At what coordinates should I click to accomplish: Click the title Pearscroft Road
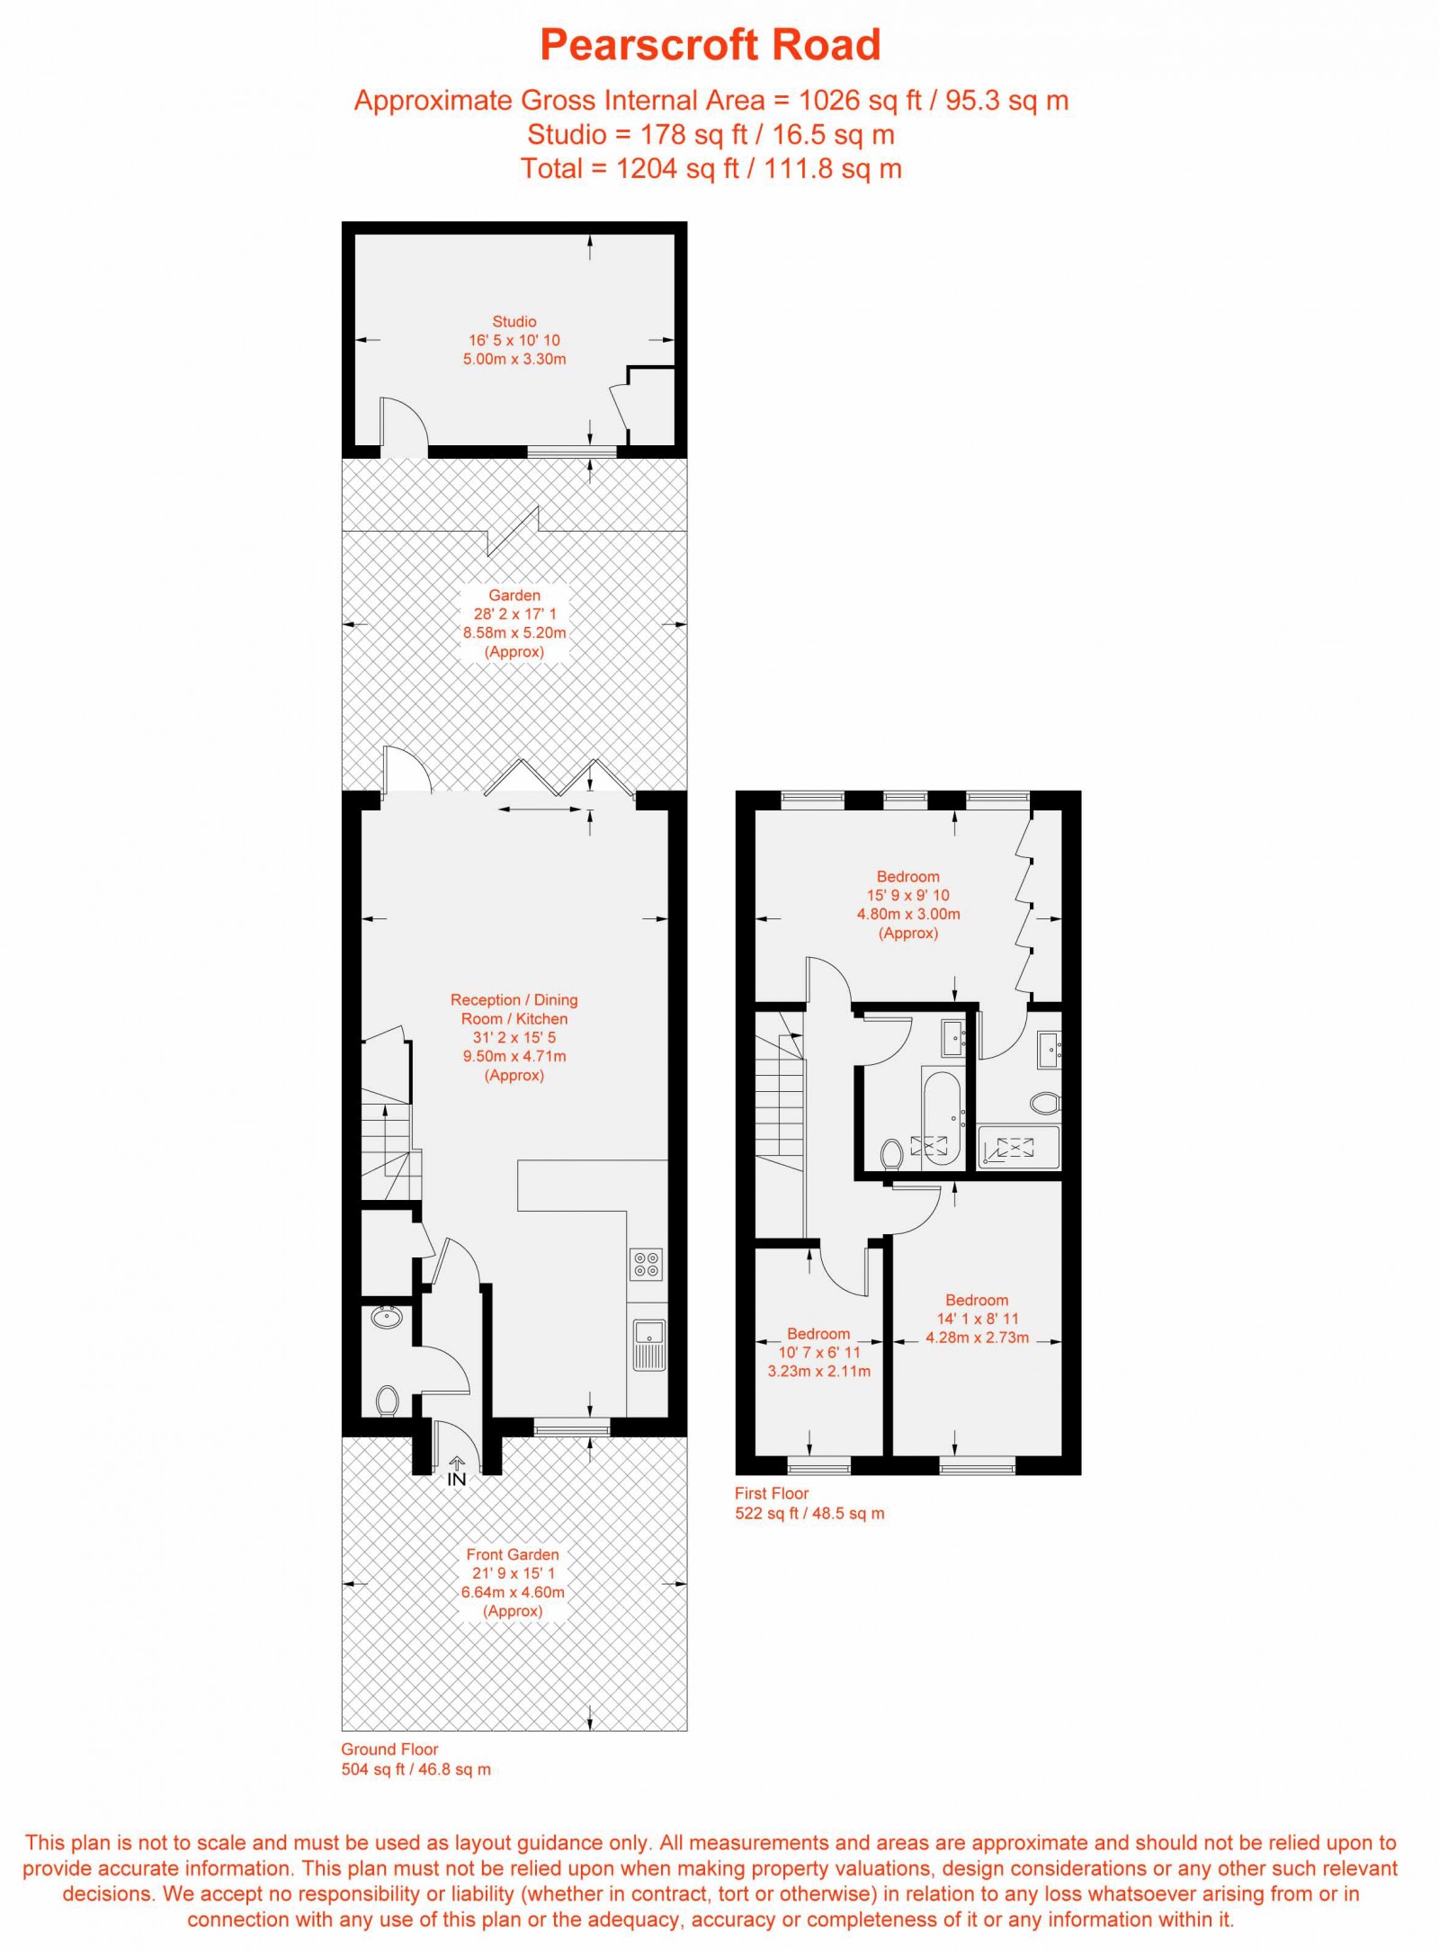tap(710, 45)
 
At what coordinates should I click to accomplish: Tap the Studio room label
tap(514, 321)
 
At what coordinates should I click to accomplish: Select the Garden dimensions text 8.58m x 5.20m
tap(514, 632)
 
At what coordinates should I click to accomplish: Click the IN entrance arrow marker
tap(456, 1472)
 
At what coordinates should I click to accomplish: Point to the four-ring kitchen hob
tap(647, 1264)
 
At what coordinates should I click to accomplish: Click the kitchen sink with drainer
tap(648, 1345)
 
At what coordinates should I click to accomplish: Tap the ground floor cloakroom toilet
tap(387, 1401)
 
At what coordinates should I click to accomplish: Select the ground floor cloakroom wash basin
tap(387, 1318)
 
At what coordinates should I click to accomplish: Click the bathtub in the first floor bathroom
tap(942, 1117)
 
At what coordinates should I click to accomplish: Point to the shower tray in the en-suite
tap(1018, 1147)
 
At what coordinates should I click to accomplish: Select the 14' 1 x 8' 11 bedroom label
tap(977, 1319)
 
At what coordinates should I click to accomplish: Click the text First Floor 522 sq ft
tap(809, 1503)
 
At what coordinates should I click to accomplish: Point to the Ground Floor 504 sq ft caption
tap(416, 1759)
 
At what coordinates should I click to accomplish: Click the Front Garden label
tap(513, 1554)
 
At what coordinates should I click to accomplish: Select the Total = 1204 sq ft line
tap(711, 168)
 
